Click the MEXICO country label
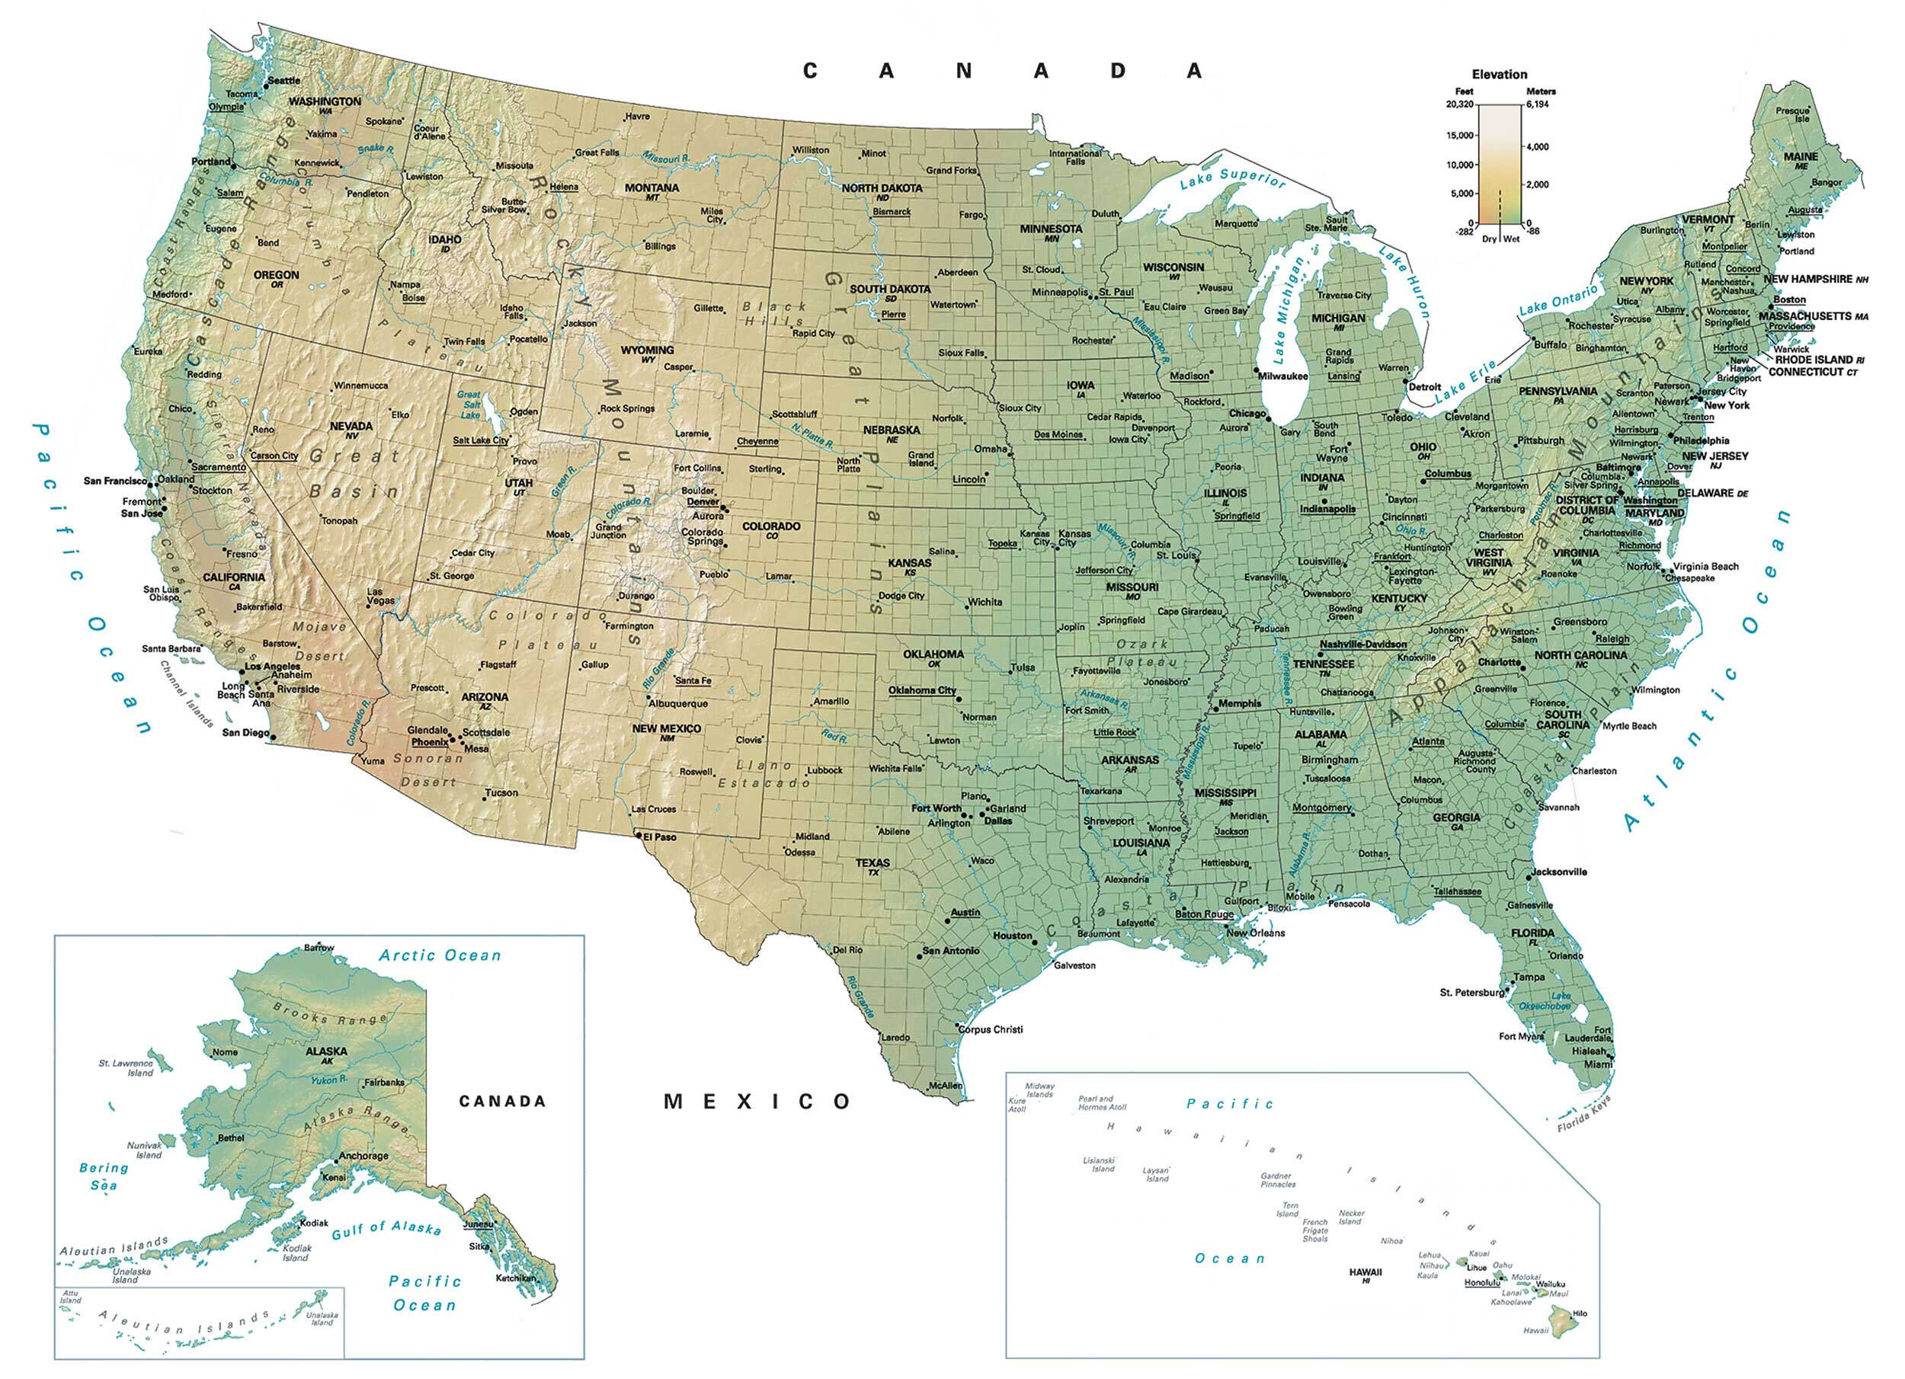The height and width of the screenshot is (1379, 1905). [x=757, y=1101]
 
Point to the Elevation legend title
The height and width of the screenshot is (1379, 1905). [x=1500, y=74]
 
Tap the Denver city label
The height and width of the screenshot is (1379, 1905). [x=703, y=501]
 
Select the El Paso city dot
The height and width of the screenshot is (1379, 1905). [x=639, y=836]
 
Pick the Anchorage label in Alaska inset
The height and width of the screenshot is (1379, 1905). [x=363, y=1156]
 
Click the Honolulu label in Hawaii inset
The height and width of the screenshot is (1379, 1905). [x=1481, y=1282]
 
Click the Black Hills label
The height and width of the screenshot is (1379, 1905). [x=773, y=314]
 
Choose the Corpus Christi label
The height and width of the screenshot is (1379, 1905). [x=991, y=1029]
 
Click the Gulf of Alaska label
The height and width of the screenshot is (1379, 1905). [x=386, y=1230]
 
